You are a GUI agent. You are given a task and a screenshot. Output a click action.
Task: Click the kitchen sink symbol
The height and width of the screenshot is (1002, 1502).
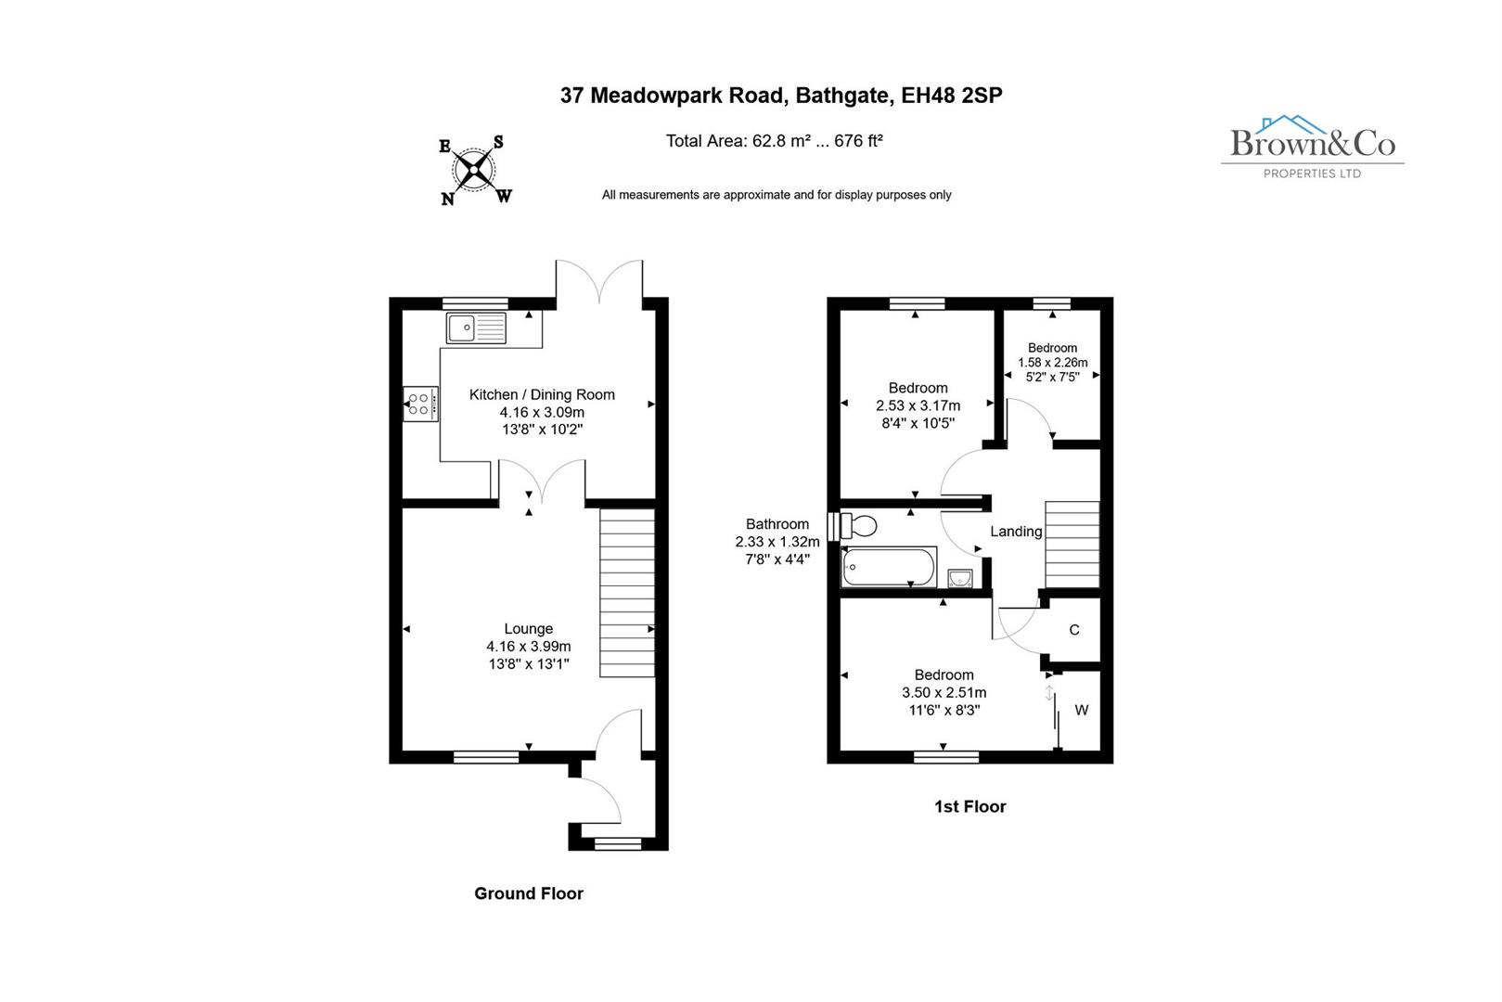(x=476, y=328)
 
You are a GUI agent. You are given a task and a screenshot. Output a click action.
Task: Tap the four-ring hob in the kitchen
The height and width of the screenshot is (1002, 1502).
(x=419, y=404)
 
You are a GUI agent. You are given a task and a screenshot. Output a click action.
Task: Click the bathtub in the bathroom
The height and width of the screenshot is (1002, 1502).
(x=888, y=567)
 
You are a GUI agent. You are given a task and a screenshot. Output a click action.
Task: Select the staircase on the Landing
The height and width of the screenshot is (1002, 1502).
(x=1072, y=545)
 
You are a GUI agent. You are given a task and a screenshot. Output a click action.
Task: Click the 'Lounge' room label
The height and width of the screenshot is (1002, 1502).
(x=528, y=629)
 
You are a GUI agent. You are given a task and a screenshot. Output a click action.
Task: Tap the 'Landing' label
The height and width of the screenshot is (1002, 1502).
(x=1016, y=532)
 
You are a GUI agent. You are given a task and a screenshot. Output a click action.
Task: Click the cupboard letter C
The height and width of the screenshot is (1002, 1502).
(x=1074, y=630)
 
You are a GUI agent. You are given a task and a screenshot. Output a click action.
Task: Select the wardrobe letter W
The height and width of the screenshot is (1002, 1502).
(x=1081, y=711)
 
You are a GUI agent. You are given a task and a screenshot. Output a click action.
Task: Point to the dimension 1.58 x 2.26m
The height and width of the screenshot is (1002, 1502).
(x=1052, y=363)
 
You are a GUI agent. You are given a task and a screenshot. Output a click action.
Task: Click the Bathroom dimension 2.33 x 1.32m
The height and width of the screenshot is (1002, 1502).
(x=777, y=542)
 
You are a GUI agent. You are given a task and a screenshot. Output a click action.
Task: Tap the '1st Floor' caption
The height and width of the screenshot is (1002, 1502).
(x=969, y=807)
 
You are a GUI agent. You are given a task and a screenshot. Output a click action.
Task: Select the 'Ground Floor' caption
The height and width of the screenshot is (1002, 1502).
(x=528, y=893)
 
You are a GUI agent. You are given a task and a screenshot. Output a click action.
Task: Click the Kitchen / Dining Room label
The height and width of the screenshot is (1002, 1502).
(x=542, y=394)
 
